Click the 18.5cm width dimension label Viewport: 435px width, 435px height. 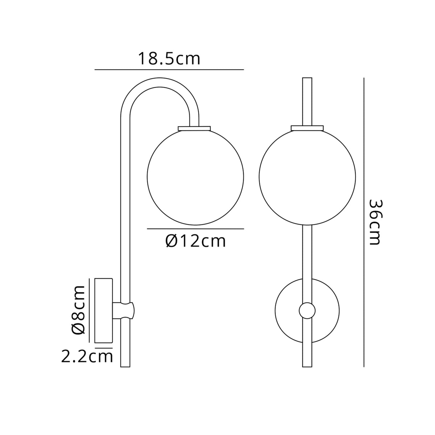click(169, 59)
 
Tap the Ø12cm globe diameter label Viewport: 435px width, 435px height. click(196, 241)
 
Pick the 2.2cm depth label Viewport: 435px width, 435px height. click(87, 357)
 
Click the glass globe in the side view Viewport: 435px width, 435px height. click(195, 177)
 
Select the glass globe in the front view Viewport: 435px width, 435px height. click(307, 177)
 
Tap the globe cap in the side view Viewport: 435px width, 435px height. click(195, 128)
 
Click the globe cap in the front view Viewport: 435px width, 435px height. click(307, 128)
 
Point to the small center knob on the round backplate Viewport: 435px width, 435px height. click(307, 311)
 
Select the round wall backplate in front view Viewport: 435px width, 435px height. click(288, 311)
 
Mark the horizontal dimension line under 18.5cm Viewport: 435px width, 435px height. click(169, 69)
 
